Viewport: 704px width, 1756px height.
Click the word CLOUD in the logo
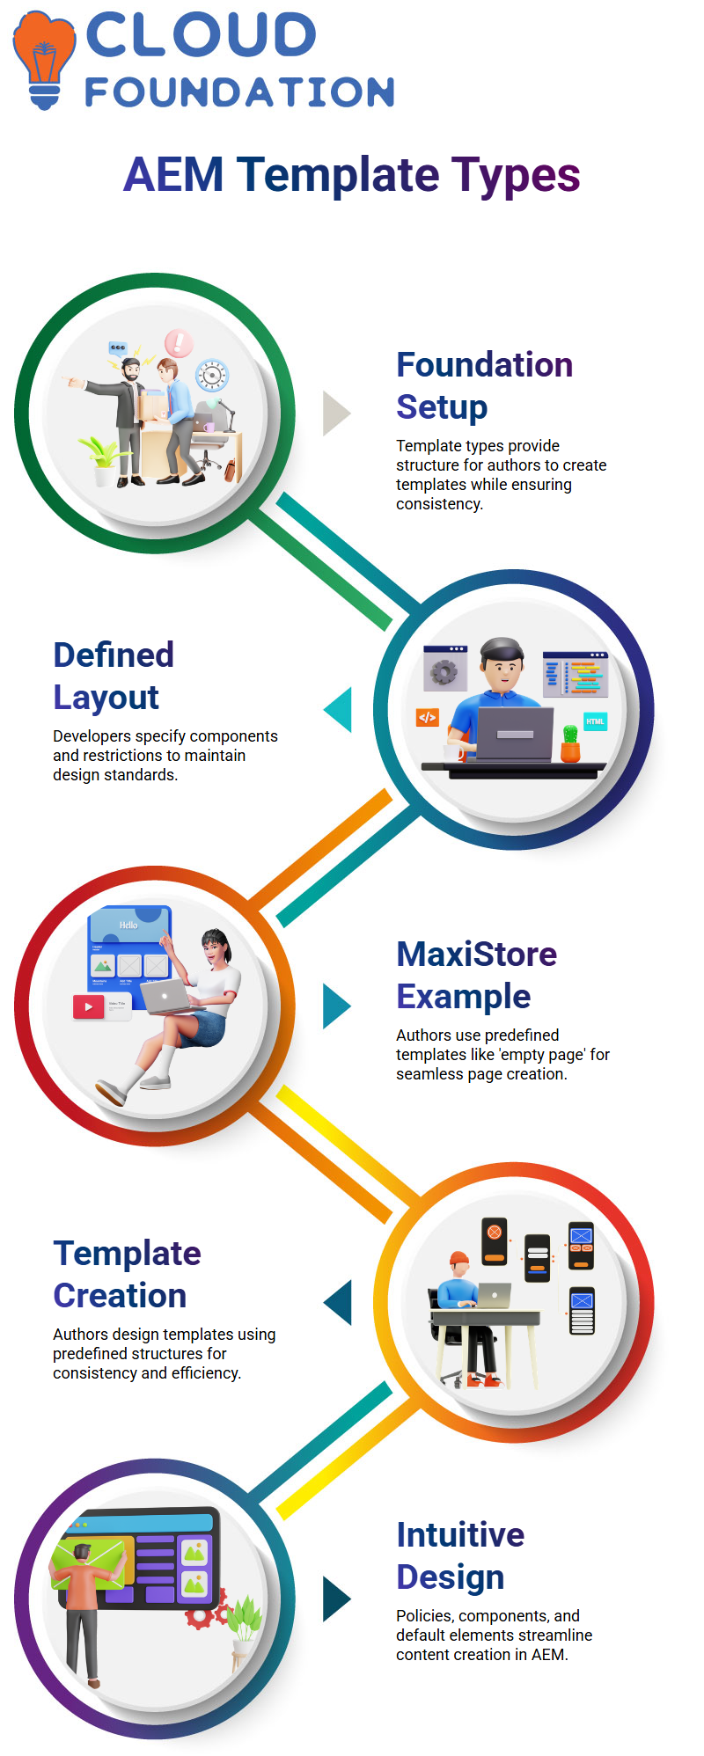click(x=201, y=35)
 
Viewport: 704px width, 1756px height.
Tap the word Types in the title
click(x=516, y=175)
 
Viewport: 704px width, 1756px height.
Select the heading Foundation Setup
click(x=484, y=385)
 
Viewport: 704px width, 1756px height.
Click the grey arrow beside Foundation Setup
click(x=337, y=413)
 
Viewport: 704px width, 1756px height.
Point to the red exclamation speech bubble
click(x=178, y=342)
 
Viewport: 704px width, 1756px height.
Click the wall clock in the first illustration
click(x=211, y=376)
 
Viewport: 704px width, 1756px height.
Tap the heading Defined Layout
click(x=114, y=676)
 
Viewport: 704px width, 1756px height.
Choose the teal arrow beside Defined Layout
click(x=337, y=709)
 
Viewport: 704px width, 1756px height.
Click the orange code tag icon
click(x=427, y=718)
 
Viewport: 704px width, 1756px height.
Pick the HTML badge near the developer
click(x=595, y=721)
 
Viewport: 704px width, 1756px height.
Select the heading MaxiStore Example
click(x=476, y=975)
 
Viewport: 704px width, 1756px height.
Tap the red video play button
click(x=88, y=1007)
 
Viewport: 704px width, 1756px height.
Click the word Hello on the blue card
click(x=128, y=926)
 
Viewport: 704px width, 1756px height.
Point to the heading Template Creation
click(x=127, y=1274)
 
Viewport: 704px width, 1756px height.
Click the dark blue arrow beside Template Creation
click(x=337, y=1302)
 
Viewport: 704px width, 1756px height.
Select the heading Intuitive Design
click(x=460, y=1555)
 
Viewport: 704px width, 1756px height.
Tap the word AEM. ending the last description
click(x=550, y=1655)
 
